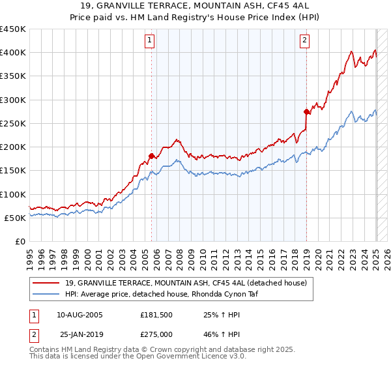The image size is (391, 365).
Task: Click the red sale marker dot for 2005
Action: (151, 156)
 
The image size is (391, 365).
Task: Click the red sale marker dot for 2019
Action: (306, 111)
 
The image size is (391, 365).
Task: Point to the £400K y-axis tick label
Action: (13, 53)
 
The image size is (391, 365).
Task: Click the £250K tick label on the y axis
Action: (13, 123)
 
